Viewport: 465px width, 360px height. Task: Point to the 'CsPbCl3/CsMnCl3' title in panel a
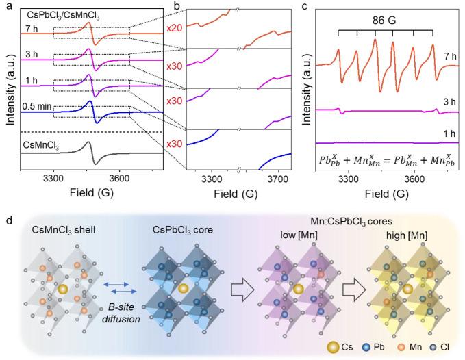pos(61,12)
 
